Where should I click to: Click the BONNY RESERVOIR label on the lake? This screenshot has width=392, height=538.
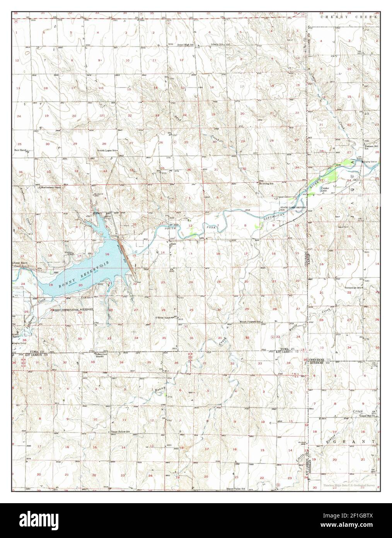83,275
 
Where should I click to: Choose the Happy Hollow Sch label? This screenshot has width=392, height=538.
121,432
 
